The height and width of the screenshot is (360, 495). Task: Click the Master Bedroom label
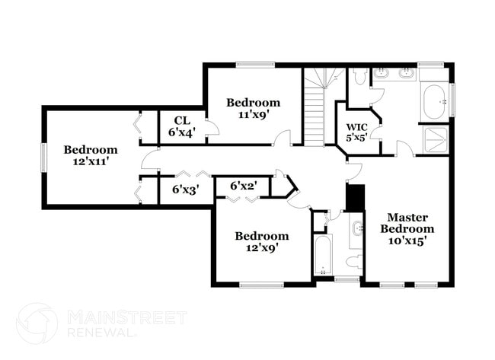point(407,223)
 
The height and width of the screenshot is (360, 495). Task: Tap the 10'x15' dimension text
point(407,241)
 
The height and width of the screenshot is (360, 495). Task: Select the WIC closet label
point(357,127)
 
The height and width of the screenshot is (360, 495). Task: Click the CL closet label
point(183,120)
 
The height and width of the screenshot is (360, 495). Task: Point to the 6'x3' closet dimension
point(185,190)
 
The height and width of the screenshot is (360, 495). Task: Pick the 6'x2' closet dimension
point(243,186)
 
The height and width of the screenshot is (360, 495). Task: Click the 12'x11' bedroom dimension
point(91,161)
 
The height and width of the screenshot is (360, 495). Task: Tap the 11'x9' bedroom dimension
point(253,114)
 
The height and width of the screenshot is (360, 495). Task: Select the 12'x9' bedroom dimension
point(262,248)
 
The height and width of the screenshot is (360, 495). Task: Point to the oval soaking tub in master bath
point(434,101)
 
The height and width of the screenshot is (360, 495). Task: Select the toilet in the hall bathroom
point(354,261)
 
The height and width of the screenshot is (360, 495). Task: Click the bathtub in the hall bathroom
point(323,255)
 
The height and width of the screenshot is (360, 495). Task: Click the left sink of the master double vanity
point(383,73)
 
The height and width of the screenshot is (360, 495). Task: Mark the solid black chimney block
point(356,198)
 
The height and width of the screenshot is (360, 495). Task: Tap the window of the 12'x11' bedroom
point(43,158)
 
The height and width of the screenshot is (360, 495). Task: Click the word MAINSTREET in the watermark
point(127,317)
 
